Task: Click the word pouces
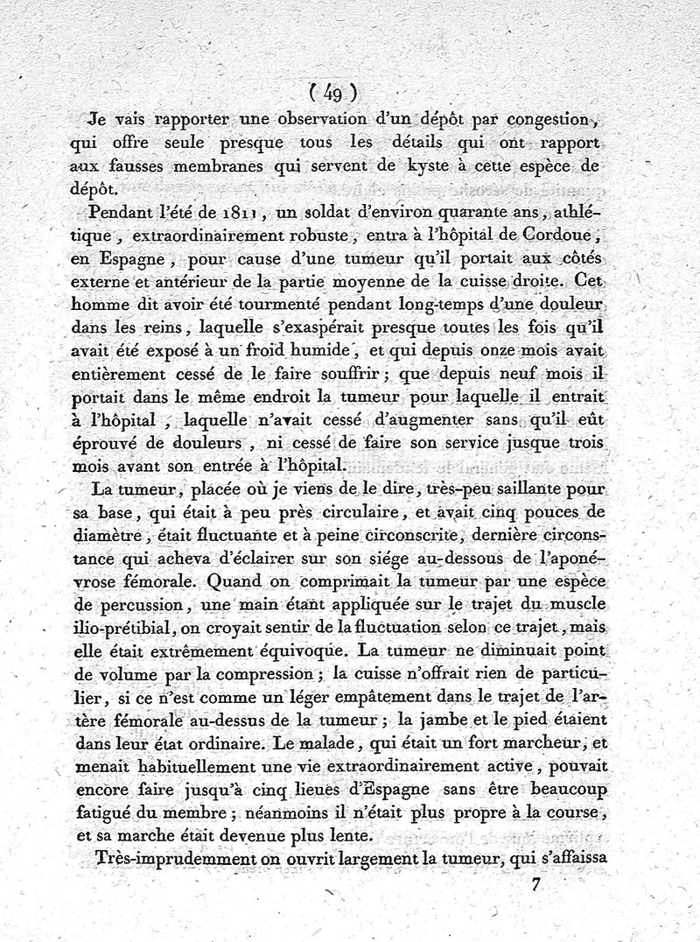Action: click(566, 512)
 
